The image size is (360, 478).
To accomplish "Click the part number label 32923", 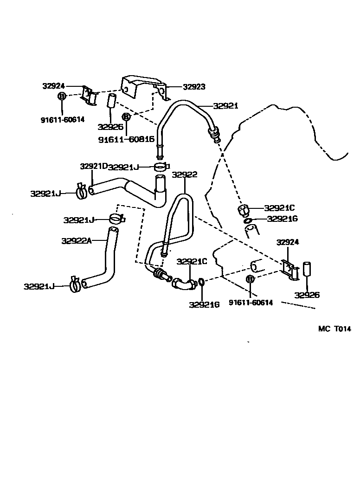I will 194,87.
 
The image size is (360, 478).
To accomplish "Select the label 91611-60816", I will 126,139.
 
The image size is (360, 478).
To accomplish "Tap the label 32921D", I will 94,166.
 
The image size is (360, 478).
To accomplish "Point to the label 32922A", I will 77,240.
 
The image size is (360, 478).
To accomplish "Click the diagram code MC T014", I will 334,329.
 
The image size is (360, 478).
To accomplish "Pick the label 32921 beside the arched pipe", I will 225,106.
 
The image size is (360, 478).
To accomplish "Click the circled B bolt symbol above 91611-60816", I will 126,117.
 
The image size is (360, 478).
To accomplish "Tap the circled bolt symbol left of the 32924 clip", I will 62,96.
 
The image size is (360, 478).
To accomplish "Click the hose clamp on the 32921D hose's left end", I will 81,190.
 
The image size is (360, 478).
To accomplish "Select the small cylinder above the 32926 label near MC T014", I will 307,270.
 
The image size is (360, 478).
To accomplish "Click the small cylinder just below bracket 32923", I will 111,101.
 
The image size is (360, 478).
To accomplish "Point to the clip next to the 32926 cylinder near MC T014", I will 290,271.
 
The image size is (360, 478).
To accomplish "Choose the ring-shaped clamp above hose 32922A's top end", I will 116,218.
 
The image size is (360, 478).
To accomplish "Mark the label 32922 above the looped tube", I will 185,175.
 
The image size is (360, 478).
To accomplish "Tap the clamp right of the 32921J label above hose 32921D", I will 161,166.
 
